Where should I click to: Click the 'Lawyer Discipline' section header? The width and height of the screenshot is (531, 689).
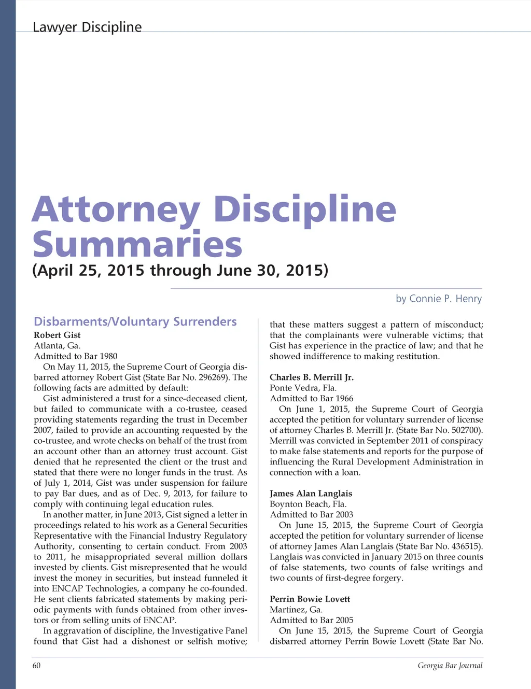(87, 27)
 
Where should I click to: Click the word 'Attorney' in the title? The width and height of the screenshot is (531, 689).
(116, 210)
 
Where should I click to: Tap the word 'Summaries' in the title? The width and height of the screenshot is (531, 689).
(137, 245)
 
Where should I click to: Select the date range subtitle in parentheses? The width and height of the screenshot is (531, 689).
(180, 271)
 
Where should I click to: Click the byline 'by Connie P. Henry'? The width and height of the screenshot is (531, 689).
(439, 299)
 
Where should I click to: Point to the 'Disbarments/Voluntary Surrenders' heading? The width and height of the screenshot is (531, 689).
(135, 321)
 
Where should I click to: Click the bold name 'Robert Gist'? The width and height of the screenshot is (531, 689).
(57, 335)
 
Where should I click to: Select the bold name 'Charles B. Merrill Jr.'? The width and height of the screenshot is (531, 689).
(312, 377)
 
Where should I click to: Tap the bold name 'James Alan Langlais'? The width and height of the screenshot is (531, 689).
(311, 494)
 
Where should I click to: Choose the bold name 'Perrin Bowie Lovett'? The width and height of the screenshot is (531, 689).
(310, 599)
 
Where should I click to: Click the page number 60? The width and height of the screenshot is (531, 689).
(36, 666)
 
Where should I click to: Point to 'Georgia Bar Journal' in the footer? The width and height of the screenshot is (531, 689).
(450, 666)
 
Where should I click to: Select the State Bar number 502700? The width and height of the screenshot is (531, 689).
(464, 430)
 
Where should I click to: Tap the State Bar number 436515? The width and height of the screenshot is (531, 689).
(464, 546)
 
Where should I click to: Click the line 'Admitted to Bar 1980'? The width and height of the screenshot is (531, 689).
(76, 356)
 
